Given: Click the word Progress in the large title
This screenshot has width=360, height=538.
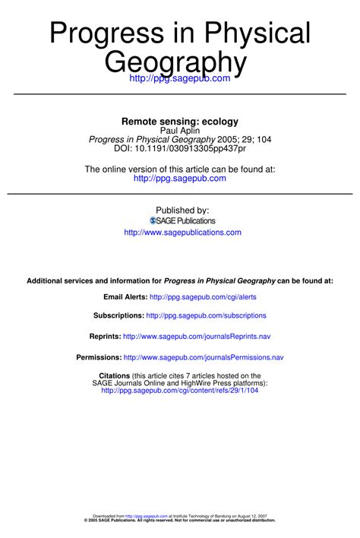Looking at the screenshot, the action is coord(107,34).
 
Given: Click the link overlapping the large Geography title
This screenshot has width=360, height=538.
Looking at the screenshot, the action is coord(179,78).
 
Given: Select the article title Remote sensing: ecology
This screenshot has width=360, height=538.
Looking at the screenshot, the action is coord(180,121).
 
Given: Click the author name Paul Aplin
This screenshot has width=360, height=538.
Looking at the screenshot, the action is coord(180,130).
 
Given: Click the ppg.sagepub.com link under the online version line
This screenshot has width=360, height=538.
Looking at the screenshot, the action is coord(180,179).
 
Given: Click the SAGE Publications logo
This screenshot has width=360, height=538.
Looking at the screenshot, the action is coord(182,220).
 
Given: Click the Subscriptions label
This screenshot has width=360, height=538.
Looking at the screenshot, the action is coord(118,315).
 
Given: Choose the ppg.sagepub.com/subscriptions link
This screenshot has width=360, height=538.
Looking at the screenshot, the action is coord(206,315).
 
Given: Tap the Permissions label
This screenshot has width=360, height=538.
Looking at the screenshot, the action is coord(99,357).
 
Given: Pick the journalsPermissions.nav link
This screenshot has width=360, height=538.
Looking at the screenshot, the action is coord(204,357).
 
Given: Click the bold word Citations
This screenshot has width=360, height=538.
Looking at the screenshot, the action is coord(115,375).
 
